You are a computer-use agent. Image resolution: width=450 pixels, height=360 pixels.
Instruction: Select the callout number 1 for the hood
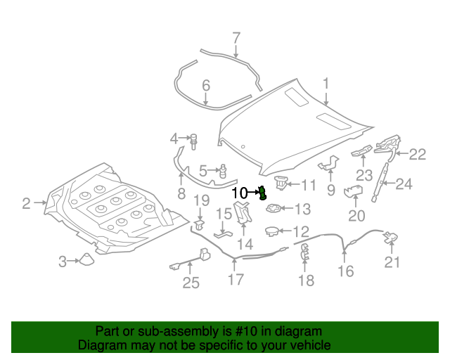point(326,85)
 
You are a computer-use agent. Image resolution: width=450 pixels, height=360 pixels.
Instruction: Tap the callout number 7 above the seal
point(236,38)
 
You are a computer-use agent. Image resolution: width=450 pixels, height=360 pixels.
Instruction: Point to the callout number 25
point(191,283)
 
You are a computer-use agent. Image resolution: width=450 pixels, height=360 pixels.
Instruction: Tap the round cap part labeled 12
point(272,231)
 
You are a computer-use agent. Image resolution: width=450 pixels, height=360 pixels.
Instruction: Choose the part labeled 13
point(273,208)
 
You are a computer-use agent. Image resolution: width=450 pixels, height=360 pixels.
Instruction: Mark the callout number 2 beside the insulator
point(26,204)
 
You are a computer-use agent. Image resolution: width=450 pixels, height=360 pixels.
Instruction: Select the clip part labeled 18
point(305,253)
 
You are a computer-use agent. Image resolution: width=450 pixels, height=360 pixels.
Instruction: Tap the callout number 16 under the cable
point(345,271)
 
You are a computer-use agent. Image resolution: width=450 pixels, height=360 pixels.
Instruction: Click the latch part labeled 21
point(391,239)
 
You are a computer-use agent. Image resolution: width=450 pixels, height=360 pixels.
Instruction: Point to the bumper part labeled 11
point(281,183)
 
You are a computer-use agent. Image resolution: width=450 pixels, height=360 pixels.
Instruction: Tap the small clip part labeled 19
point(199,224)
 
